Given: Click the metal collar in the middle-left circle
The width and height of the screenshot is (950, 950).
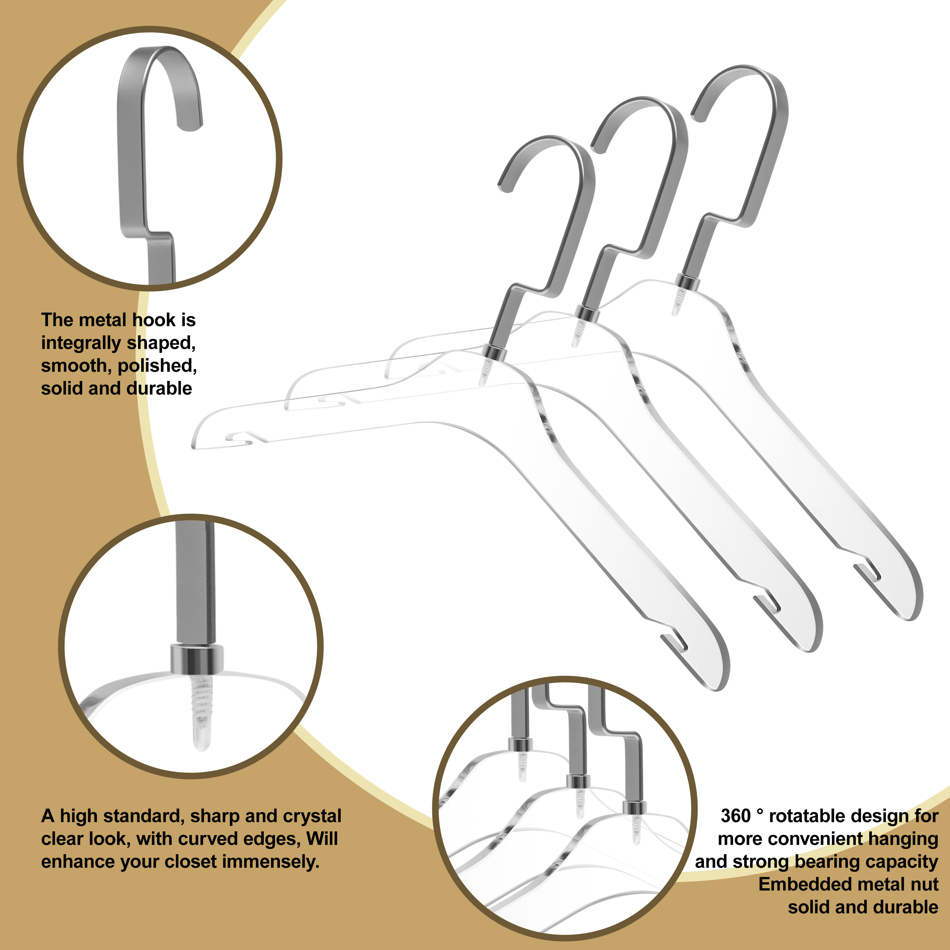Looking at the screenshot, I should click(197, 659).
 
